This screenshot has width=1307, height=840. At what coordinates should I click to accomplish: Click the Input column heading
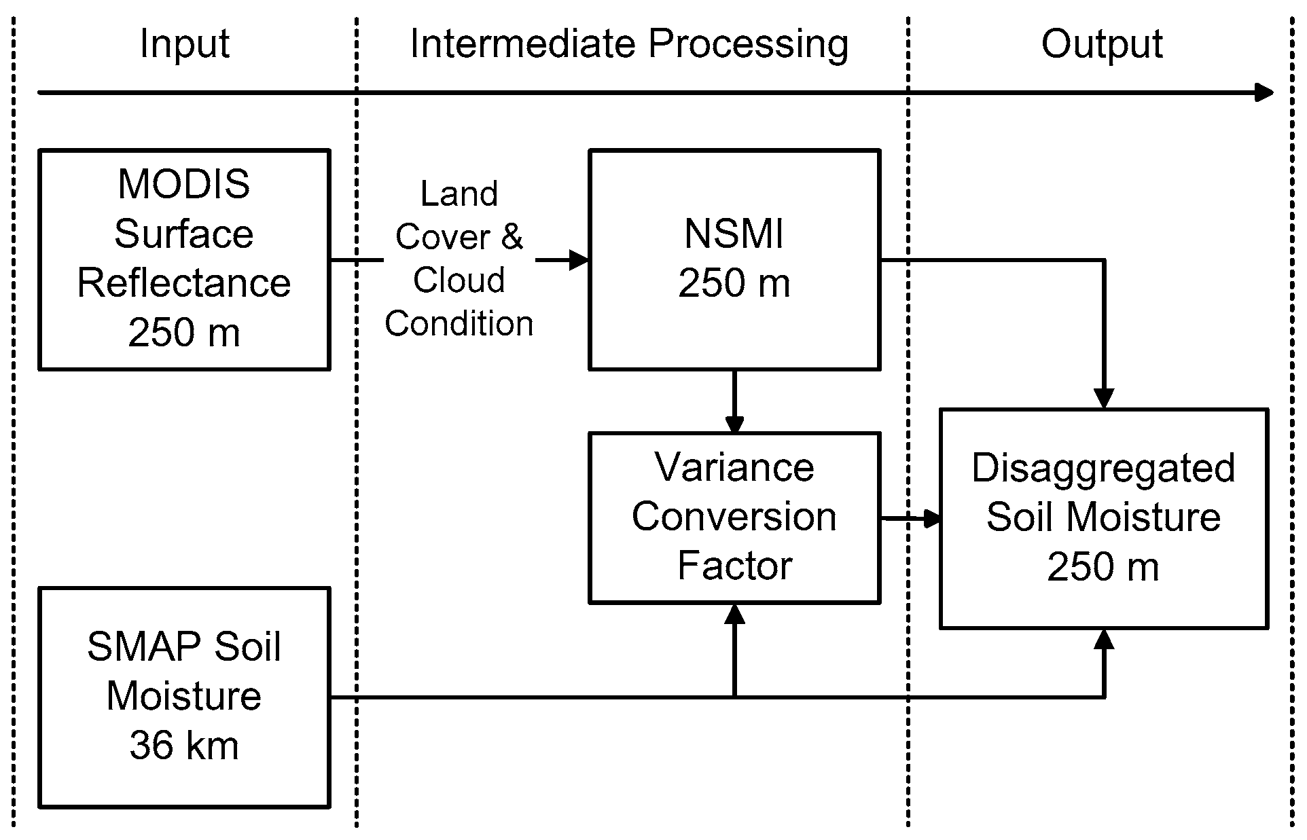[184, 45]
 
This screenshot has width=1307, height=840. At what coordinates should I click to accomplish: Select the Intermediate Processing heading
[629, 45]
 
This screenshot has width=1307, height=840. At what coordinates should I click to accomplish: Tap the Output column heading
[1101, 45]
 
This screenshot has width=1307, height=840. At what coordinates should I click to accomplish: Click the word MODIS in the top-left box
[183, 184]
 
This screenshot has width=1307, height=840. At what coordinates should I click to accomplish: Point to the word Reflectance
[183, 283]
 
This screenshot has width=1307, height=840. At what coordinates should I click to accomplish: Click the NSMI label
[734, 234]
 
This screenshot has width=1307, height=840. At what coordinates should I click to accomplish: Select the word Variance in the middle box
[734, 467]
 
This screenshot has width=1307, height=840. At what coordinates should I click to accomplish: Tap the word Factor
[734, 566]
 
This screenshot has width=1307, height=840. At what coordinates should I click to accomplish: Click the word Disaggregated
[1103, 469]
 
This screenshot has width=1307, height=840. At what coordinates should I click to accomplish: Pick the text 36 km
[183, 746]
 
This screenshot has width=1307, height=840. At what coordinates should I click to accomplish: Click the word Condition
[459, 323]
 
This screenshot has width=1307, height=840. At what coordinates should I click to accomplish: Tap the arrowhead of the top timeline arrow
[1264, 92]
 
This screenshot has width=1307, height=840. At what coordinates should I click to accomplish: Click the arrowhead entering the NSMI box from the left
[579, 259]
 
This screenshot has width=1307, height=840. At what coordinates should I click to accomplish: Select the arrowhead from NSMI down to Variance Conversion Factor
[734, 424]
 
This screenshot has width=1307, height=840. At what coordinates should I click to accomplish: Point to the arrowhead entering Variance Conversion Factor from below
[734, 614]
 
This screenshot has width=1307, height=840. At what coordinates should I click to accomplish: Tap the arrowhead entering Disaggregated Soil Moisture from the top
[1103, 399]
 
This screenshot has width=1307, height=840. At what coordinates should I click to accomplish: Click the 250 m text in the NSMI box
[734, 283]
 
